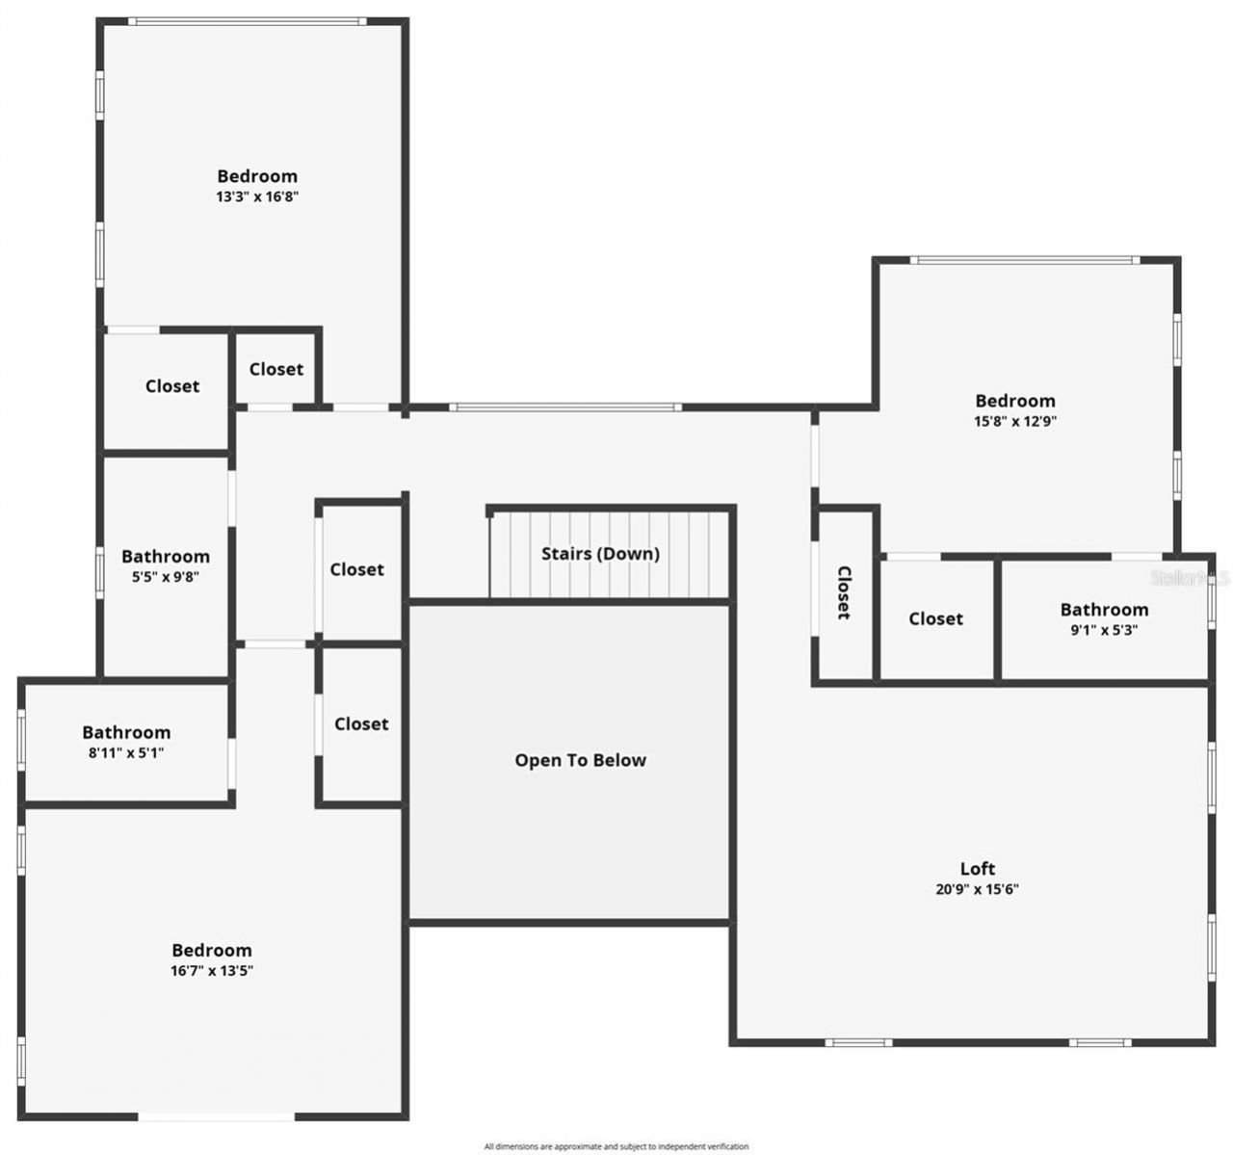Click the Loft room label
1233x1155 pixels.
[977, 869]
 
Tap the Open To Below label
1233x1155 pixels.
[580, 760]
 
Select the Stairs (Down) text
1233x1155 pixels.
[600, 554]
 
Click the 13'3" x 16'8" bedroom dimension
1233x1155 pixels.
[257, 197]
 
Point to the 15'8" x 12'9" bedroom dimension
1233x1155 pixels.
[1015, 421]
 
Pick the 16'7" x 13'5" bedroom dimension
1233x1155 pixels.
[212, 971]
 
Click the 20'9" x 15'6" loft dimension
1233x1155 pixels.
[977, 889]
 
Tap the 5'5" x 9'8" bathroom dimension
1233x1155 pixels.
[166, 577]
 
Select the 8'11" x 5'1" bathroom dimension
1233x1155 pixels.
[126, 753]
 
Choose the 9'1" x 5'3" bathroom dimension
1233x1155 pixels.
[1104, 630]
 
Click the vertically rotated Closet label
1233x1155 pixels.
[844, 592]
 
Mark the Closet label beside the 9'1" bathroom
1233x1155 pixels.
[935, 618]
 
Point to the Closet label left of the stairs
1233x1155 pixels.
[356, 569]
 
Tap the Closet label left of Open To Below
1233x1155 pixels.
[361, 723]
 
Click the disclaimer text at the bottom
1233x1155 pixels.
[616, 1146]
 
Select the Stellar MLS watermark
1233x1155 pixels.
[1192, 578]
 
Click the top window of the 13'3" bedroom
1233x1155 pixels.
[249, 21]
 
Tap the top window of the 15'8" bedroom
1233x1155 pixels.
[1024, 260]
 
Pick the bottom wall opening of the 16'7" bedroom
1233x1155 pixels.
[217, 1116]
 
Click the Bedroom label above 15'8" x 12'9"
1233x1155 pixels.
[1015, 401]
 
